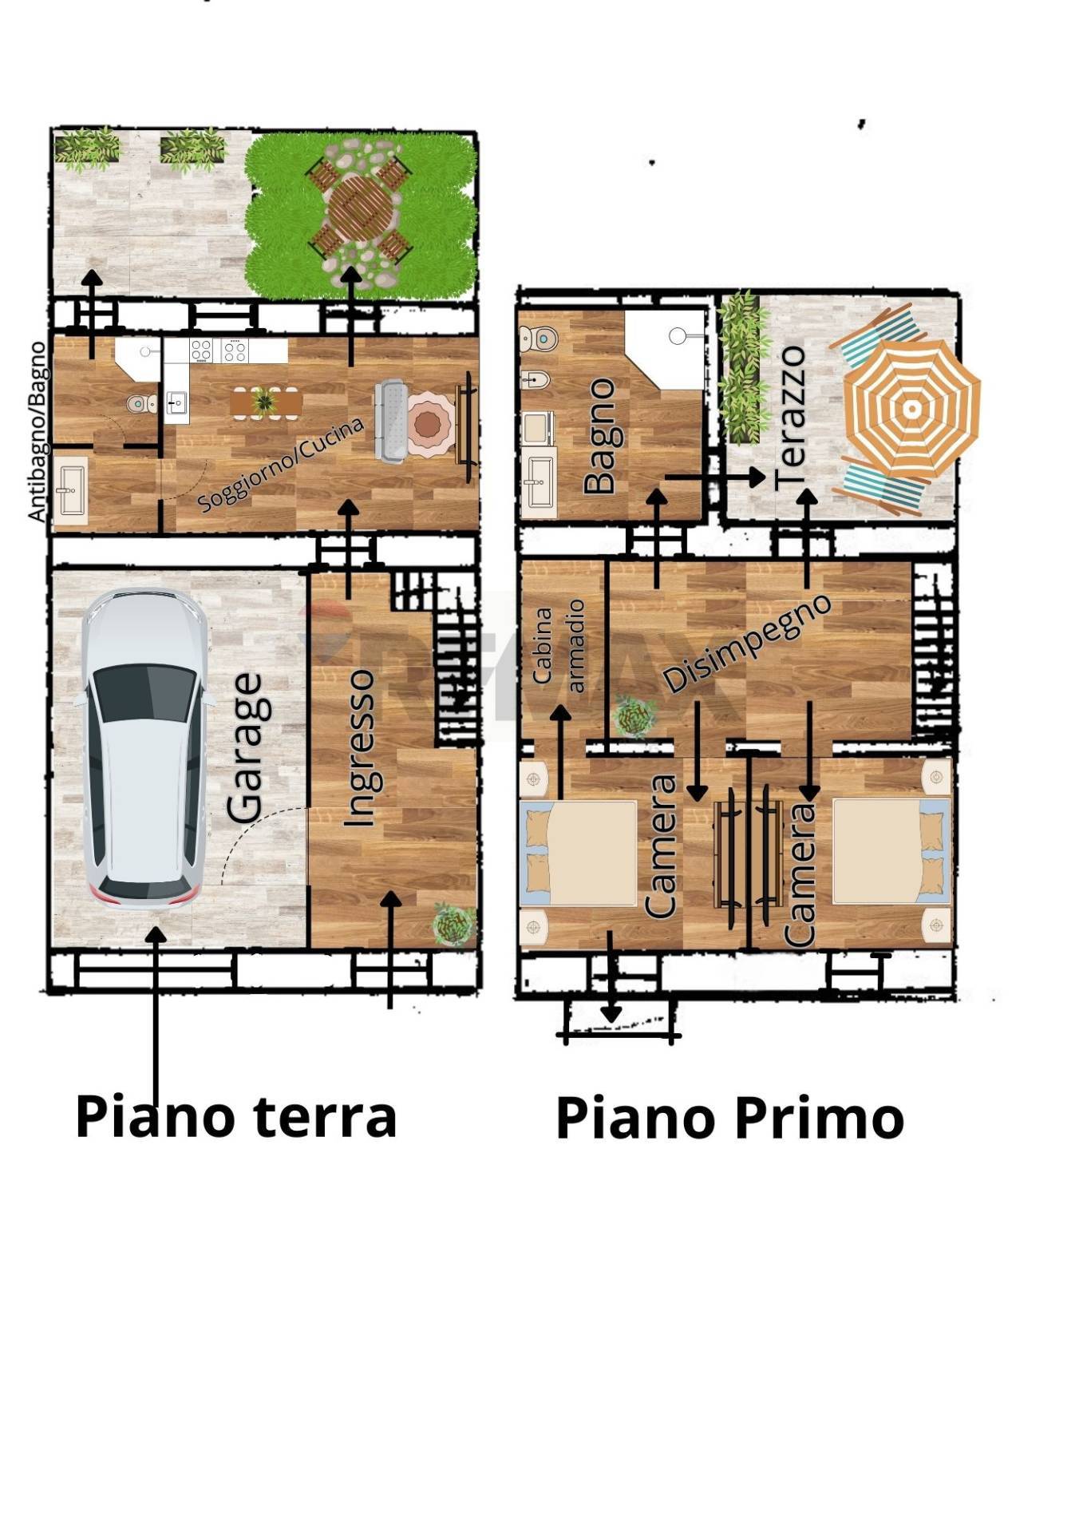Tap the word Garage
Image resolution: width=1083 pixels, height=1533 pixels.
point(244,747)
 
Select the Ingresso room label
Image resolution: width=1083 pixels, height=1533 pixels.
point(359,748)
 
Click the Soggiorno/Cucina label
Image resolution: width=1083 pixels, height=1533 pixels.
point(280,463)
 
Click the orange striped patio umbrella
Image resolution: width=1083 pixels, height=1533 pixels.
point(911,408)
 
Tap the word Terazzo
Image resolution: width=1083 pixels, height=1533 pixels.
point(790,417)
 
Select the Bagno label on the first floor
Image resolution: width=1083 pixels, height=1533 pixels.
point(600,436)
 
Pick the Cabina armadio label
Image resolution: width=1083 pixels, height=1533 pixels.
point(559,646)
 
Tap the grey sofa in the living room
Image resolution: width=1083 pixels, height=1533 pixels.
point(391,421)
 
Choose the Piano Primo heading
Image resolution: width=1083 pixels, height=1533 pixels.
point(729,1118)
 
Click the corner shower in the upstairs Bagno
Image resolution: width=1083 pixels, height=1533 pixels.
point(665,350)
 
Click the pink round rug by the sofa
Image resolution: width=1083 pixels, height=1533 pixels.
point(431,423)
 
